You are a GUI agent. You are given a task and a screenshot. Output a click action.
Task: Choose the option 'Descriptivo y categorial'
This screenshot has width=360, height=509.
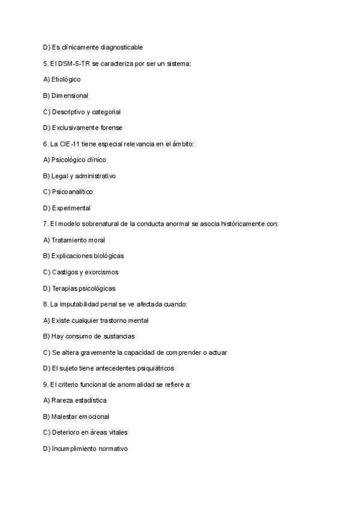pos(86,112)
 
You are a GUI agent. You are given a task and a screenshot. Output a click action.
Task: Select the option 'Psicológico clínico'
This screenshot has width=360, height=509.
pos(79,160)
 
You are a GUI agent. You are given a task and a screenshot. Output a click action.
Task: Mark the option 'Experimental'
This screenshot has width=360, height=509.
pos(71,208)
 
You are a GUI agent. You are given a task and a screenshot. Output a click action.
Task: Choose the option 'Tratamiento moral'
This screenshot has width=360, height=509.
pos(78,240)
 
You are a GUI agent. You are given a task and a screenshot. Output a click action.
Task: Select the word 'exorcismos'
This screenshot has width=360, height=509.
pos(103,272)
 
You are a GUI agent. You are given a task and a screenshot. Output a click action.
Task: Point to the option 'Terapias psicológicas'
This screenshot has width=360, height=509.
pos(83,288)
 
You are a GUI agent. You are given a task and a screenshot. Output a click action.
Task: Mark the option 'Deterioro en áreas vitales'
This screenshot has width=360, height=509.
pos(89,432)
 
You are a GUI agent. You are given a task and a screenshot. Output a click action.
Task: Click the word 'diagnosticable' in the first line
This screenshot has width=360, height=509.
pos(122,47)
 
